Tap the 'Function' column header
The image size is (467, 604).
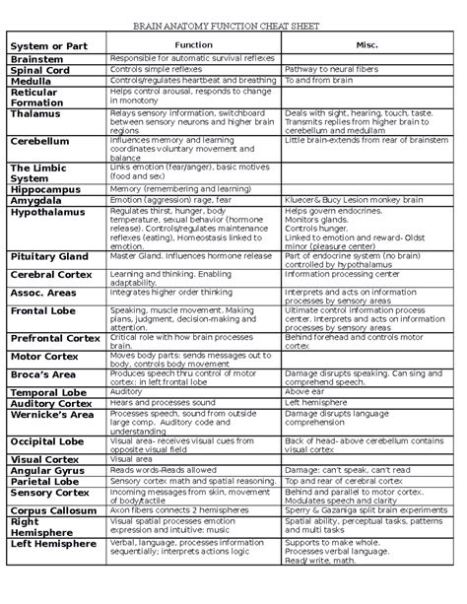point(193,46)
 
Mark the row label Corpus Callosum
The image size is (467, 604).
point(56,511)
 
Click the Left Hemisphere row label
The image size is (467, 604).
point(54,543)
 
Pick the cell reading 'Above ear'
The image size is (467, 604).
point(304,392)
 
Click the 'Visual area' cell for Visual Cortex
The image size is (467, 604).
point(132,459)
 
